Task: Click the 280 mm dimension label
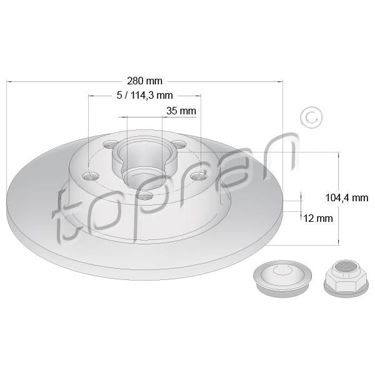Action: (x=144, y=81)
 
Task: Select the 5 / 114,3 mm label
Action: (x=145, y=96)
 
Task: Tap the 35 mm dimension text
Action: (x=181, y=111)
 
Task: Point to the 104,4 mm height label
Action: (x=347, y=197)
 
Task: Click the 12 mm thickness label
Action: (x=318, y=218)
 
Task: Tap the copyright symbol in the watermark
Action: (x=312, y=118)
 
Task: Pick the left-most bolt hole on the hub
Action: (x=91, y=176)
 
